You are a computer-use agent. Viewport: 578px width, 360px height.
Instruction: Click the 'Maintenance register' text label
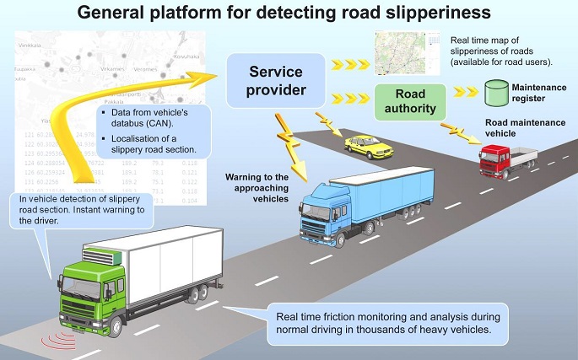[537, 90]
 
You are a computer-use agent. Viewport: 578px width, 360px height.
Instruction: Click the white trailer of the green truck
[174, 261]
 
